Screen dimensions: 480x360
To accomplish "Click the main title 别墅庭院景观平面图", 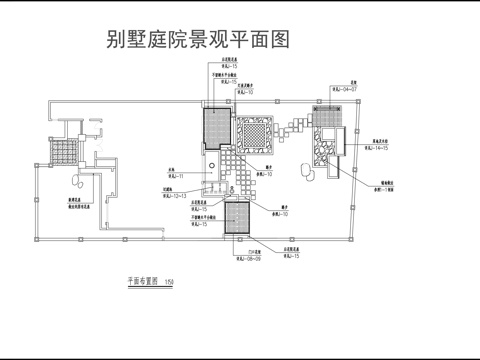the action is click(x=198, y=40).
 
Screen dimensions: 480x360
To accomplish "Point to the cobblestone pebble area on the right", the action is click(x=327, y=145).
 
